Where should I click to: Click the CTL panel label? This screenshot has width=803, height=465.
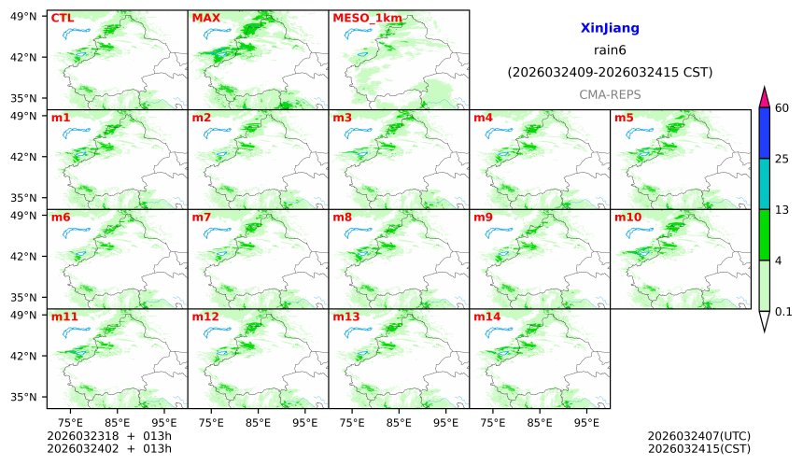click(x=63, y=18)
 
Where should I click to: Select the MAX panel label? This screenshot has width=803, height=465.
click(x=204, y=18)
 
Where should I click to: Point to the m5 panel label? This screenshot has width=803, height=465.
click(x=624, y=118)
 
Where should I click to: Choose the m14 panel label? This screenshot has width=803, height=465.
click(x=486, y=317)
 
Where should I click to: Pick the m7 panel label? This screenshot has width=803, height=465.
click(x=202, y=218)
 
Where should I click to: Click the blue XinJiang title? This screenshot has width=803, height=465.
click(x=610, y=29)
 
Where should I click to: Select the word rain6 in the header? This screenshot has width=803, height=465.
click(x=610, y=50)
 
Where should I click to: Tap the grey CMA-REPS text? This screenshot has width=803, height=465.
click(x=610, y=94)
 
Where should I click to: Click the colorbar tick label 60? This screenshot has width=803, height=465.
click(x=782, y=108)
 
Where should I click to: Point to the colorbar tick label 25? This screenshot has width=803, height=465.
click(x=782, y=159)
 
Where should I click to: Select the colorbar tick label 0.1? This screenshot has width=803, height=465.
click(x=784, y=312)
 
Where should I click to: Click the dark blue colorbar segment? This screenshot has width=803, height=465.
click(x=764, y=133)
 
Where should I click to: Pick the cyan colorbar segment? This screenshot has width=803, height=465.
click(x=764, y=183)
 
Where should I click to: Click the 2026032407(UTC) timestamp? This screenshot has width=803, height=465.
click(x=698, y=436)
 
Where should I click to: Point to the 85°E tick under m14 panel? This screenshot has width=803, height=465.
click(x=540, y=422)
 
